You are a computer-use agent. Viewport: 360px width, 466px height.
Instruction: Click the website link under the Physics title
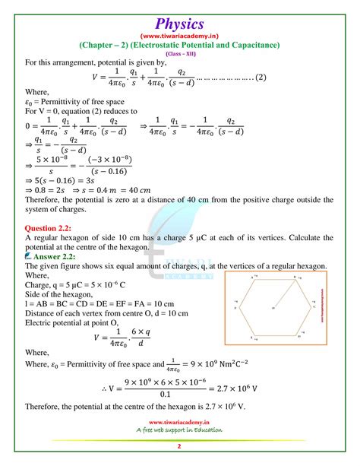point(180,32)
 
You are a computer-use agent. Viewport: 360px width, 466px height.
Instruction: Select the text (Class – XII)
point(180,53)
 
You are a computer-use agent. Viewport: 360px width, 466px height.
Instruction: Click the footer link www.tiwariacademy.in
point(180,423)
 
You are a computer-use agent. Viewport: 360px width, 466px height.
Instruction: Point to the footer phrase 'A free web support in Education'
point(180,431)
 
